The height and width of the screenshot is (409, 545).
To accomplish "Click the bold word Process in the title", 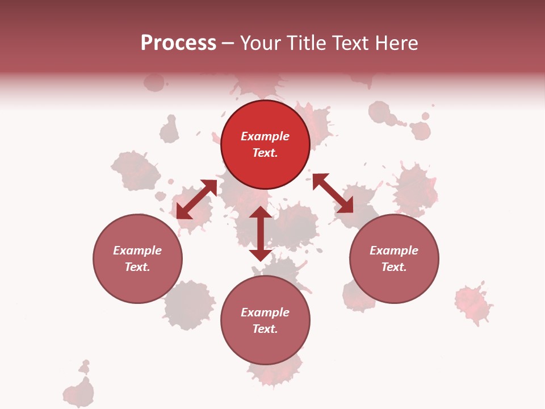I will coord(178,43).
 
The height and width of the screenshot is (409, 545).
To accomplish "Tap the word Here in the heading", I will coord(397,43).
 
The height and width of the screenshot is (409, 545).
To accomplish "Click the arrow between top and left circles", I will coord(196,199).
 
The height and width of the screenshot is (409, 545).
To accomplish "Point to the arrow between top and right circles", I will coord(333,193).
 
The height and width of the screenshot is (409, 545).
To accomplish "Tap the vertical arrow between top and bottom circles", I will coord(261,233).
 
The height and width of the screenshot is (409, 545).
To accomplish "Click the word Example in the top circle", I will coord(265,136).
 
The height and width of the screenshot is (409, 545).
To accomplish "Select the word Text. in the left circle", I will coord(137,267).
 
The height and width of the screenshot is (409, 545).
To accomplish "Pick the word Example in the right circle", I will coord(394,251).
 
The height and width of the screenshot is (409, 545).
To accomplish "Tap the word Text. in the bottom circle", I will coord(265,329).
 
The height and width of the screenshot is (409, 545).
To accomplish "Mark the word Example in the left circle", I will coord(137,251).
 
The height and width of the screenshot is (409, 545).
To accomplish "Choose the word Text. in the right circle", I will coord(394,267).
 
